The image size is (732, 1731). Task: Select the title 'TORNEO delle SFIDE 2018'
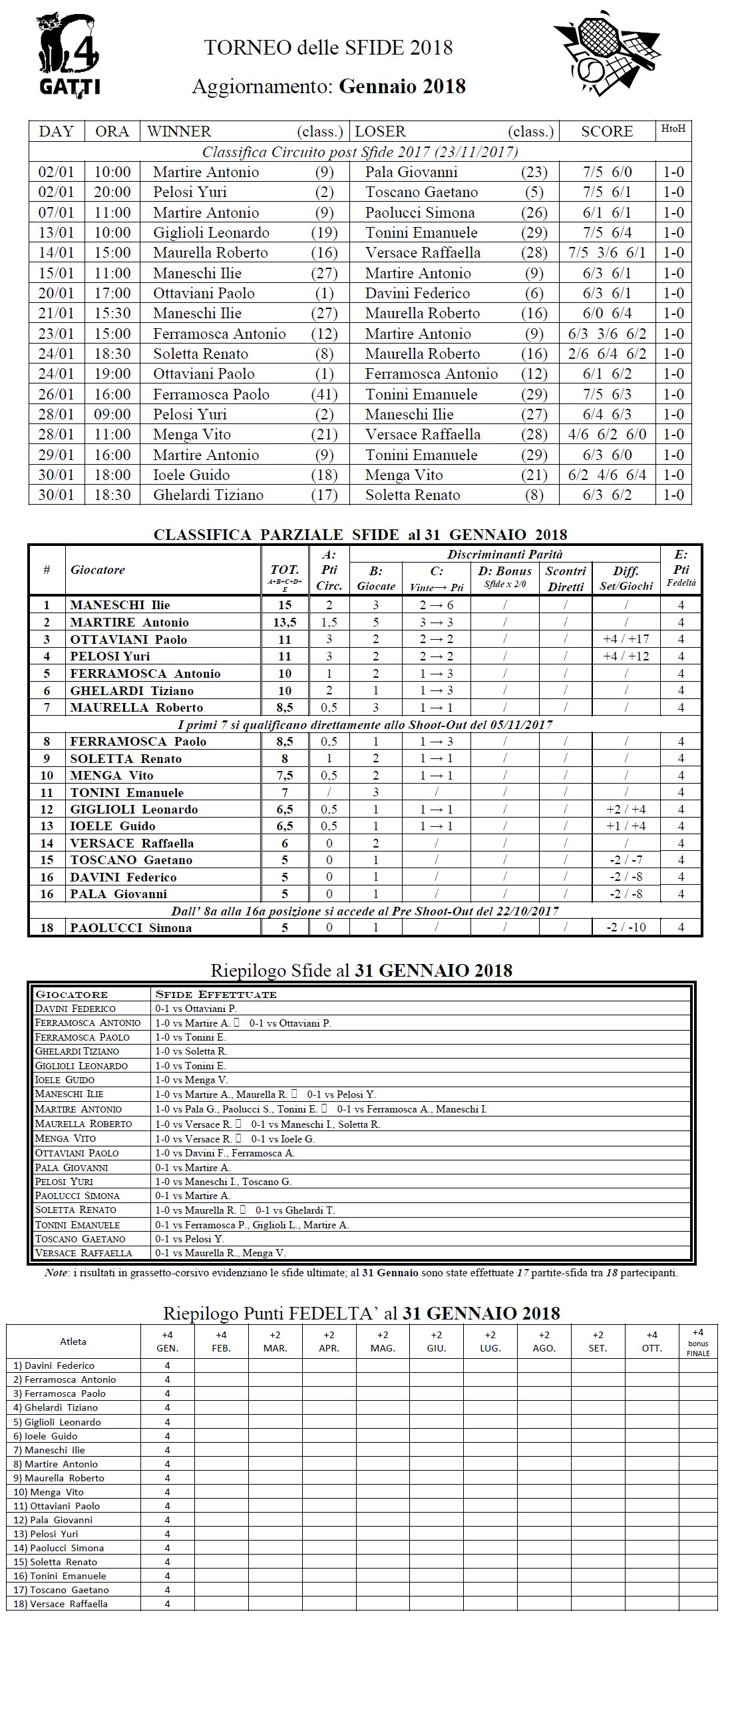point(328,48)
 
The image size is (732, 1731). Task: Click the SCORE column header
point(606,132)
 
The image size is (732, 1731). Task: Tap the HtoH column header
point(673,129)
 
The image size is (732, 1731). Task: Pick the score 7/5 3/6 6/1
point(606,253)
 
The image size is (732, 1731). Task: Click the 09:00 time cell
point(112,414)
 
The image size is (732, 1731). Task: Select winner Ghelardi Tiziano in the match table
point(208,495)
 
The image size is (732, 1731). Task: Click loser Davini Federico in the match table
point(417,293)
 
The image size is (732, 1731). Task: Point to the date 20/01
point(57,293)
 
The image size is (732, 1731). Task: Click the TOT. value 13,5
point(285,622)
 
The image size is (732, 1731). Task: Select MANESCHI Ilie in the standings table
point(120,605)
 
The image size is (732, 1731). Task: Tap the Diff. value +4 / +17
point(626,639)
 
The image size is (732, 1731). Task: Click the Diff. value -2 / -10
point(626,928)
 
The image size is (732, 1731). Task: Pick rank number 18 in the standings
point(47,928)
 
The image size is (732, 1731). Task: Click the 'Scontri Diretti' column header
point(566,579)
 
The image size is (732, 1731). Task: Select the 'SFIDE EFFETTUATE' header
point(216,995)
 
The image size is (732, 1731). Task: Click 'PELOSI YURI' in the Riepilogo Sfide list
point(64,1181)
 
